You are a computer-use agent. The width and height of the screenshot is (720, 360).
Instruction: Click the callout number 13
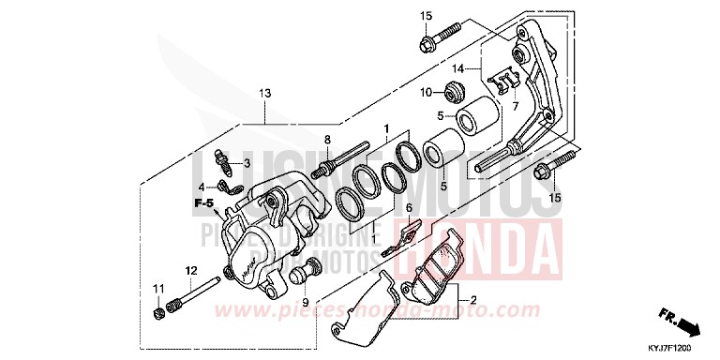[x=264, y=93]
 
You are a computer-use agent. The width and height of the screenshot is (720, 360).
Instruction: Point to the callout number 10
[x=425, y=92]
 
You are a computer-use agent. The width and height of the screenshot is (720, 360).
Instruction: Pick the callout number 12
[x=190, y=270]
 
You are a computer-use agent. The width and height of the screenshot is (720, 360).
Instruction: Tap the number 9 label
[x=304, y=304]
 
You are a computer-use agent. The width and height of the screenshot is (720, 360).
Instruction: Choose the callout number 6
[x=409, y=207]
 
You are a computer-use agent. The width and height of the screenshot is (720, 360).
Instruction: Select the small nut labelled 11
[x=157, y=311]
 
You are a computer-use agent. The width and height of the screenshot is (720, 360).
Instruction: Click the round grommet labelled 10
[x=455, y=92]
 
